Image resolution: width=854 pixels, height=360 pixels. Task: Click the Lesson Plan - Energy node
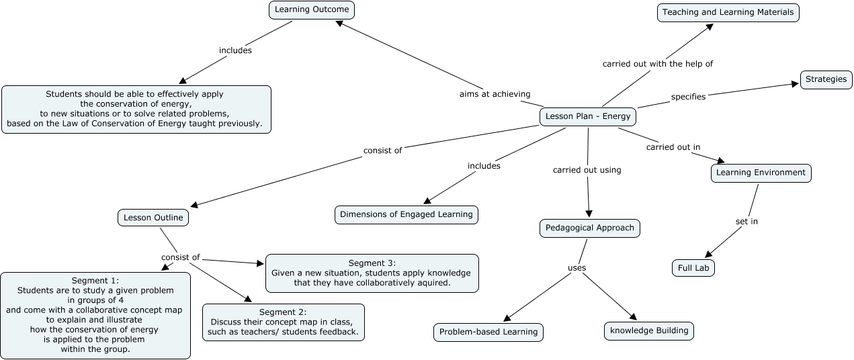tap(588, 116)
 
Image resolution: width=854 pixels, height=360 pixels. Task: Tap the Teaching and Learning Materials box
tap(728, 12)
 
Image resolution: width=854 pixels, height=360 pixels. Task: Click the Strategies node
tap(826, 79)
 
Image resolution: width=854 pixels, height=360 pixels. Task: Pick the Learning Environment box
tap(761, 173)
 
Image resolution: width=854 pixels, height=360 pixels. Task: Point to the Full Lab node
tap(693, 267)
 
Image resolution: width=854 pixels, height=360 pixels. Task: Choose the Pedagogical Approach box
tap(590, 228)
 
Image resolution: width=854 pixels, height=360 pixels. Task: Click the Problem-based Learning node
tap(488, 332)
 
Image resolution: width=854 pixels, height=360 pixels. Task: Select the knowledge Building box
tap(648, 330)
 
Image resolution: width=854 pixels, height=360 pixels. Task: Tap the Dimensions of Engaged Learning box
tap(407, 214)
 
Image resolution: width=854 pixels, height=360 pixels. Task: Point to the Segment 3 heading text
tap(372, 263)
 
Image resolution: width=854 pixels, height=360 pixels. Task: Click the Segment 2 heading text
tap(283, 312)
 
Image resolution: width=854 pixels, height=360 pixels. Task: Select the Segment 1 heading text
tap(95, 280)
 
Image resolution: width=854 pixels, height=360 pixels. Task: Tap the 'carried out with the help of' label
tap(657, 64)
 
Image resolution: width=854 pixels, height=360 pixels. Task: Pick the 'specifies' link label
tap(688, 97)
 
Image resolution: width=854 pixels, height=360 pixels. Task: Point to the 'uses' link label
tap(577, 268)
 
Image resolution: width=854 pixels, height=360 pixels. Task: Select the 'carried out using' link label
tap(587, 170)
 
